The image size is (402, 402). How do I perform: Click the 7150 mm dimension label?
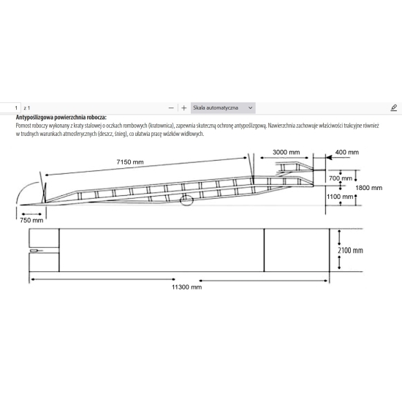[134, 161]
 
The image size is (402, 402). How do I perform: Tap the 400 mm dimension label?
[346, 152]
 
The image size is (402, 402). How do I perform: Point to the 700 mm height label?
[340, 178]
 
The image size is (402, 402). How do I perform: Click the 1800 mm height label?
[368, 187]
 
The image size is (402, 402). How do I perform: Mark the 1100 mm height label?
[340, 197]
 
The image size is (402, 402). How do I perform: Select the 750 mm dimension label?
[31, 220]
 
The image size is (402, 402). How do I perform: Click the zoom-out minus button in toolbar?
[171, 107]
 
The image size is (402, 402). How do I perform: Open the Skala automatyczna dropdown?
[223, 107]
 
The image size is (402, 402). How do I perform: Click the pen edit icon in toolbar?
[393, 107]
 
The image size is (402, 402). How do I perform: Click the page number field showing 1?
[8, 107]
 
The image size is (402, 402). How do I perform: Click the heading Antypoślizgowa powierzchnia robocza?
[61, 117]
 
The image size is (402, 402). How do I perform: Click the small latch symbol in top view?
[34, 251]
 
